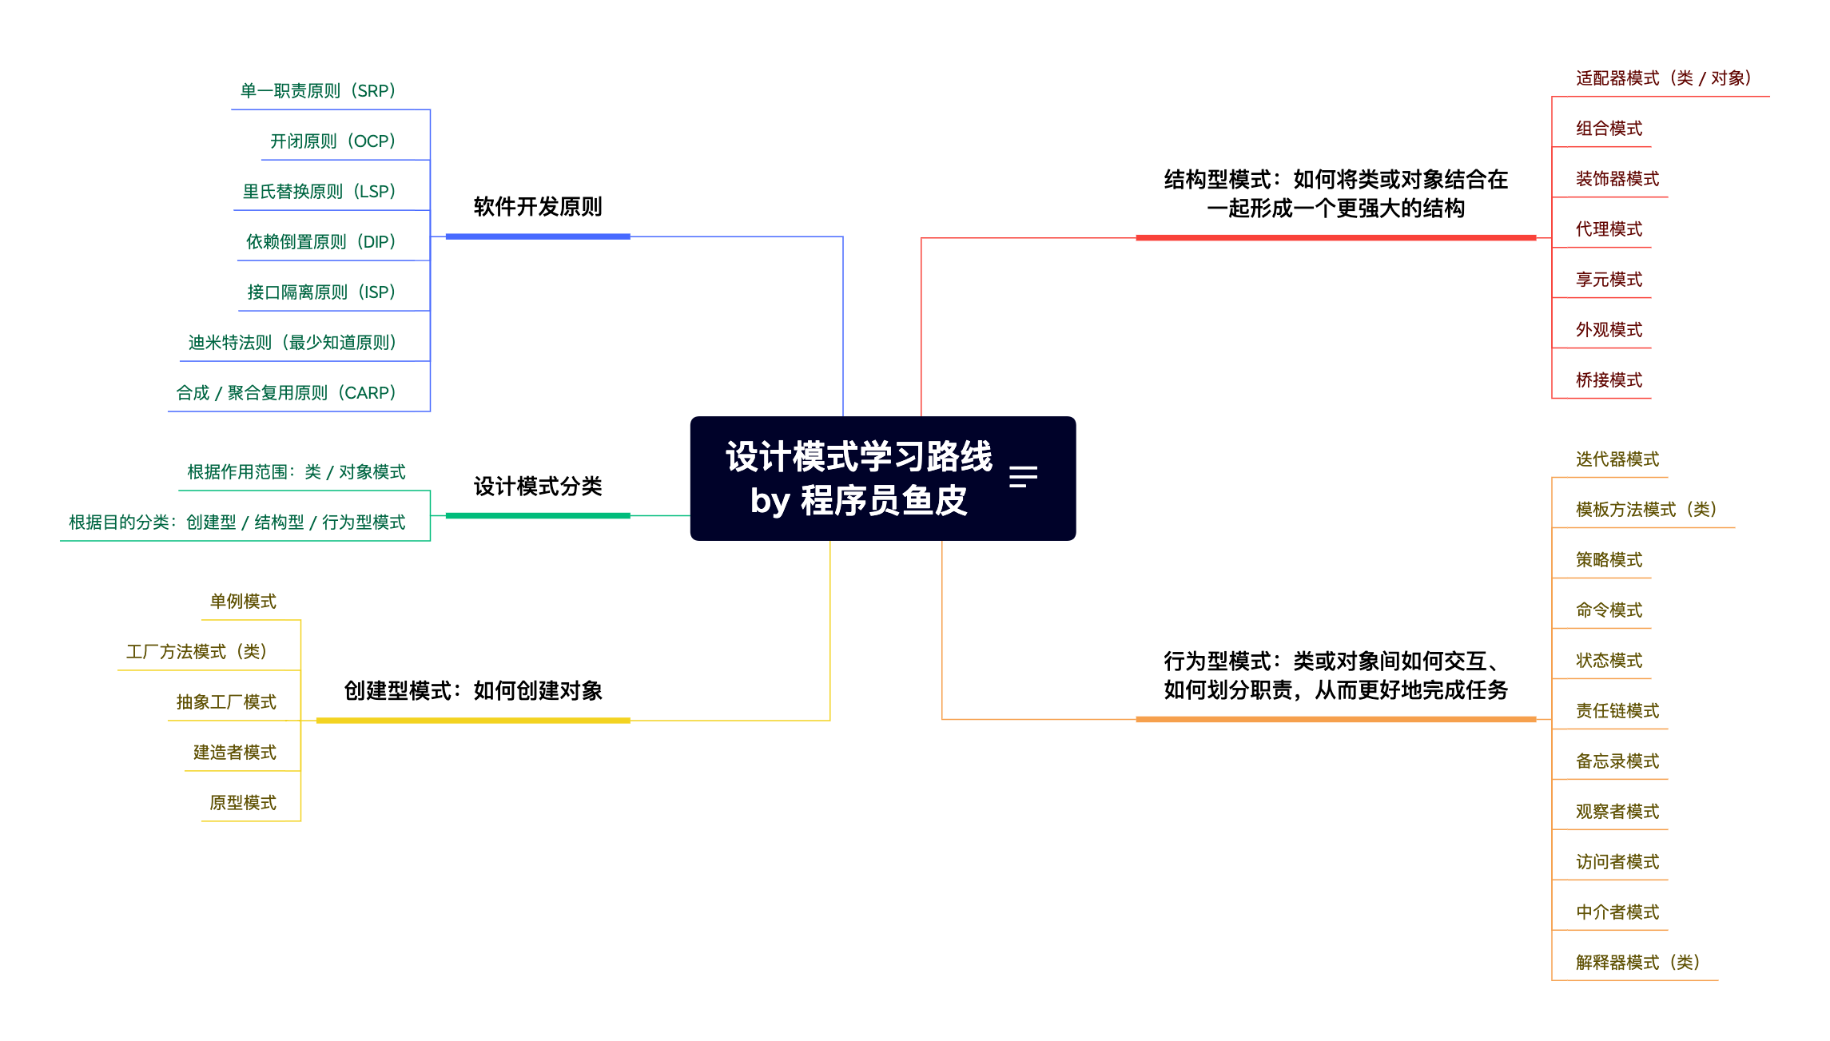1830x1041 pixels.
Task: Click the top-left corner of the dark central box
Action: (x=691, y=417)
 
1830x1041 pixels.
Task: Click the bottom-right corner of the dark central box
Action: (x=1076, y=540)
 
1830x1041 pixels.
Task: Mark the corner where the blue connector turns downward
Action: (x=842, y=236)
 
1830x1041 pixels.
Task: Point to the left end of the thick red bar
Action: (x=1136, y=237)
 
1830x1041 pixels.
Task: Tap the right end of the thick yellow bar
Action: (x=630, y=720)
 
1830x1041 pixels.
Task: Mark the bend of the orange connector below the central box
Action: (x=942, y=719)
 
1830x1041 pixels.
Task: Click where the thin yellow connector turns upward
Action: (x=829, y=720)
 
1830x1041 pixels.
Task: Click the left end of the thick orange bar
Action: (x=1136, y=719)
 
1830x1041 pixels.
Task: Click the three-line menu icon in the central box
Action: (x=1023, y=477)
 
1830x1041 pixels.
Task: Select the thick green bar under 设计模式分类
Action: (x=538, y=515)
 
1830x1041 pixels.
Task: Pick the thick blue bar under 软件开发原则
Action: (x=538, y=236)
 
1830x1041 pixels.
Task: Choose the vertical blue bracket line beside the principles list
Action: (x=430, y=260)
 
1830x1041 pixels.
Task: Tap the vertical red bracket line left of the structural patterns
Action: (x=1552, y=247)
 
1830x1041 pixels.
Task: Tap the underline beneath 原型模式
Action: (x=251, y=820)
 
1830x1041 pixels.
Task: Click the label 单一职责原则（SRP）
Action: (x=318, y=91)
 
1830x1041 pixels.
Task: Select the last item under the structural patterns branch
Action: (x=1609, y=380)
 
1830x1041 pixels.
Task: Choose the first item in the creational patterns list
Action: (x=243, y=602)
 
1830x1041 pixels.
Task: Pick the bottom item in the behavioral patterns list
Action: (x=1637, y=963)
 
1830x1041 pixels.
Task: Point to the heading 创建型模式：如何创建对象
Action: (x=473, y=690)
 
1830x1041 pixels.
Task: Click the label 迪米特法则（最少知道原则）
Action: (x=292, y=343)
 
